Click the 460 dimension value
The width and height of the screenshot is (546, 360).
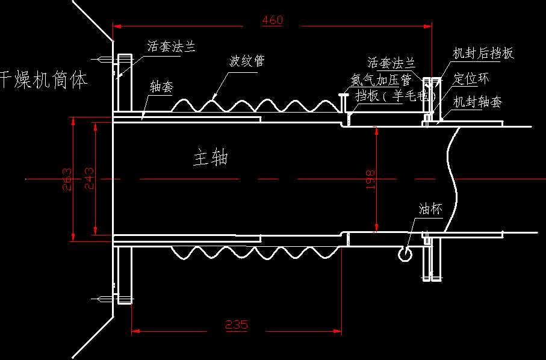272,20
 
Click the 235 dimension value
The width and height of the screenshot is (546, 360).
237,325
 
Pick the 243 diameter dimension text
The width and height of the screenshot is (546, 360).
89,179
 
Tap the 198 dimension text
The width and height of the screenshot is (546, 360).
370,179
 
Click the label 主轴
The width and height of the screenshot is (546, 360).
210,158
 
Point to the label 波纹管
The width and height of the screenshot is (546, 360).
247,61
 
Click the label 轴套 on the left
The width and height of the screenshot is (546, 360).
161,87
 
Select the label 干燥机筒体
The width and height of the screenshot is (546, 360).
43,79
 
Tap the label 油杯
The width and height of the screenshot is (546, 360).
430,209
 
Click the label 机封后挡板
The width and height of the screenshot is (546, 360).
483,54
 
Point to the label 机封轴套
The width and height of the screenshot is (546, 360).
477,102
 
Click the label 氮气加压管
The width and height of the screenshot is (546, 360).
380,79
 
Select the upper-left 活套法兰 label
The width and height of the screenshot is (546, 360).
172,47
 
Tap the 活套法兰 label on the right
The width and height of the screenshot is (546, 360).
391,62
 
